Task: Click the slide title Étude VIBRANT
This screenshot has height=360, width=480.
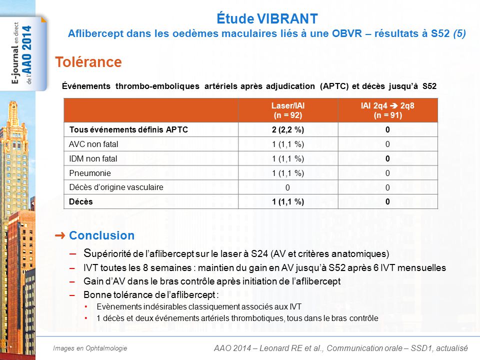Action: tap(267, 18)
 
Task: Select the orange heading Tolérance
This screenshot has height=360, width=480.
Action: tap(88, 62)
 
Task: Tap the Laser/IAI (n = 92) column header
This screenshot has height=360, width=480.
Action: tap(288, 110)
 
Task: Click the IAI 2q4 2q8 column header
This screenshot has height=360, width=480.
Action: tap(387, 110)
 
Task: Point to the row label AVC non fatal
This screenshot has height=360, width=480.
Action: tap(93, 144)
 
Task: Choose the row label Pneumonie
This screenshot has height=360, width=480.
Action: tap(90, 173)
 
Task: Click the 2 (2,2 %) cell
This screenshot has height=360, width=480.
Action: tap(288, 130)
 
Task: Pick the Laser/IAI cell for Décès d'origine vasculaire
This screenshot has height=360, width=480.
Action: tap(287, 187)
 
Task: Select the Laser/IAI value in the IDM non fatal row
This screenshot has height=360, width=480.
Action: tap(288, 158)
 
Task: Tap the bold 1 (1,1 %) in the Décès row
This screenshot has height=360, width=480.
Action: tap(288, 201)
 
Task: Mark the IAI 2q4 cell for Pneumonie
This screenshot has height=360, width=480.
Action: tap(387, 173)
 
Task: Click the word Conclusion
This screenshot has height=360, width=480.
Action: tap(101, 235)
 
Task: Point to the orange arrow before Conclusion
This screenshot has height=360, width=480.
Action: tap(60, 235)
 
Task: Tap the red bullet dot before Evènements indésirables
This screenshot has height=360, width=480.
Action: tap(86, 306)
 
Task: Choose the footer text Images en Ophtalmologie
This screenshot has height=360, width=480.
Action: tap(90, 348)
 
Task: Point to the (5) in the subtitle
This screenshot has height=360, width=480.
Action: tap(459, 33)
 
